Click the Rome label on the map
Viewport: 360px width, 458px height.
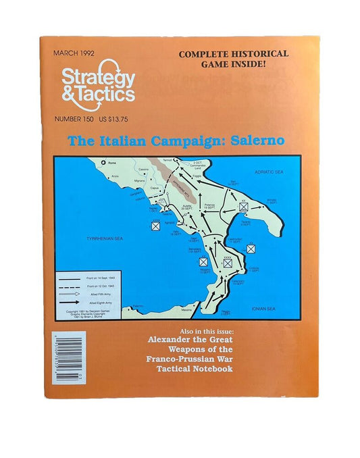pyautogui.click(x=108, y=162)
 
